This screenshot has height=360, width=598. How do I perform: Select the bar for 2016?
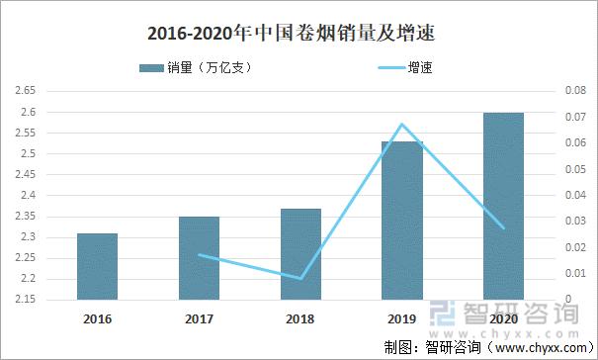pyautogui.click(x=98, y=267)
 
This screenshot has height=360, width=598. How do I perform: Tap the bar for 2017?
pyautogui.click(x=199, y=258)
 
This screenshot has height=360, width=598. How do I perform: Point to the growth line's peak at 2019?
pyautogui.click(x=401, y=125)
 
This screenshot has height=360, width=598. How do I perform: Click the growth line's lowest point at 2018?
pyautogui.click(x=300, y=279)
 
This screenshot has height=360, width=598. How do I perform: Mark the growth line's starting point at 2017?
pyautogui.click(x=199, y=255)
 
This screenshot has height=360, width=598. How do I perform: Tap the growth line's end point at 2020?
pyautogui.click(x=503, y=228)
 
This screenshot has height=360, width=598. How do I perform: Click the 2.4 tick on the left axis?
pyautogui.click(x=28, y=196)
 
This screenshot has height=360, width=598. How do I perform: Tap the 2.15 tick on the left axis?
pyautogui.click(x=26, y=300)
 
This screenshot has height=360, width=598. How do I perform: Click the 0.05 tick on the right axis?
pyautogui.click(x=574, y=169)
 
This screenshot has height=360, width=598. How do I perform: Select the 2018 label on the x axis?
pyautogui.click(x=300, y=320)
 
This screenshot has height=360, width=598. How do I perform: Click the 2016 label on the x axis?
pyautogui.click(x=98, y=320)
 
